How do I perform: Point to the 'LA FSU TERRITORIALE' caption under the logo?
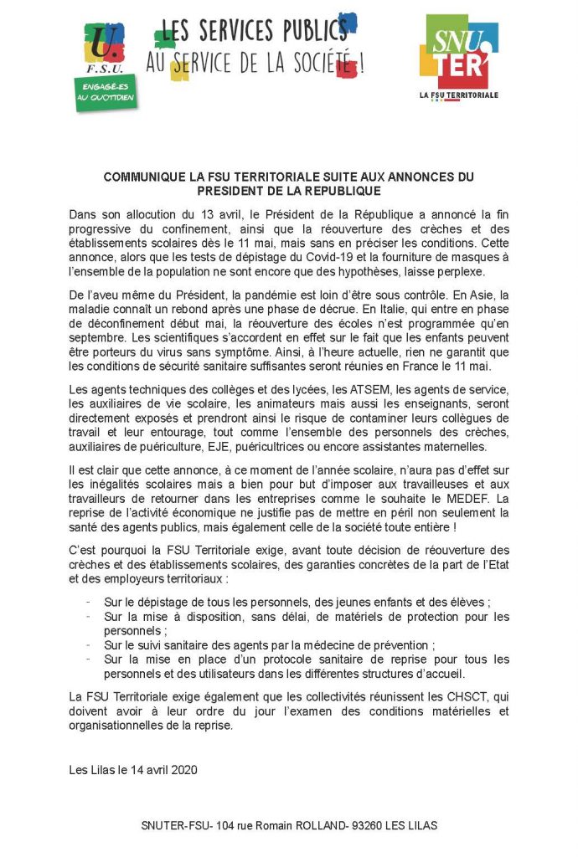tap(458, 95)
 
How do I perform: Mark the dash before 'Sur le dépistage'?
tap(88, 602)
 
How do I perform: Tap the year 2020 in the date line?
tap(180, 770)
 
